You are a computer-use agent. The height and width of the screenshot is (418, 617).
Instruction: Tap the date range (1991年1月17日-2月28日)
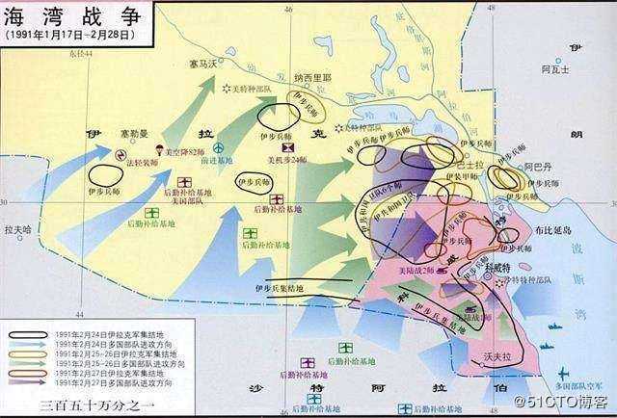[x=67, y=35]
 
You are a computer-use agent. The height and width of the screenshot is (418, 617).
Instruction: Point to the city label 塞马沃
[x=203, y=65]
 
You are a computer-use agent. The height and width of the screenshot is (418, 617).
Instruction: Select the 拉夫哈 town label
[x=17, y=231]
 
